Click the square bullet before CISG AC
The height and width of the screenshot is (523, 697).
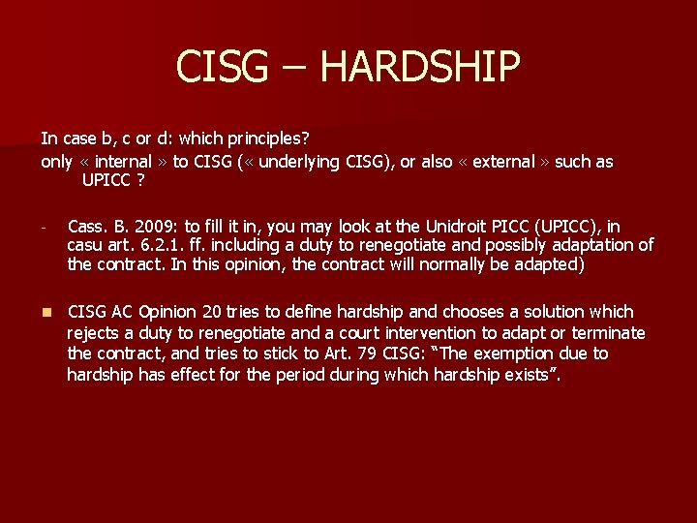(x=45, y=313)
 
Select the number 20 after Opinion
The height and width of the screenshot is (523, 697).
(x=213, y=312)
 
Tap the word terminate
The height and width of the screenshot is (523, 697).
(x=611, y=333)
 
